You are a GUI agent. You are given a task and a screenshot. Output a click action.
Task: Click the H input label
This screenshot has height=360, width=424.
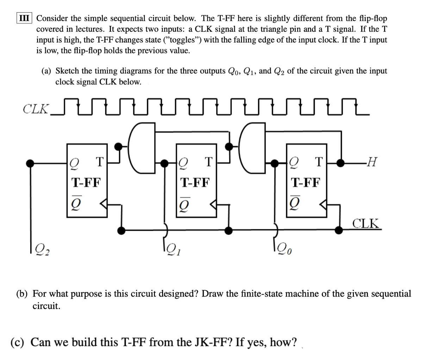[x=371, y=163]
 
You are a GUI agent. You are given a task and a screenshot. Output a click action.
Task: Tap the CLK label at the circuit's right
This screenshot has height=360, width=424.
[x=367, y=223]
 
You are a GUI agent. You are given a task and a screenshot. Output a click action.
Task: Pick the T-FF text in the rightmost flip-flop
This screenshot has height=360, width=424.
[x=306, y=182]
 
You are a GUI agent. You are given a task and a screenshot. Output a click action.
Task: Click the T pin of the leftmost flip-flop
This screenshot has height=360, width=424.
[x=99, y=163]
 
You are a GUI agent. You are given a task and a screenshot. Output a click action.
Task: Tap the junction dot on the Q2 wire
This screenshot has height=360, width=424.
[x=31, y=163]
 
